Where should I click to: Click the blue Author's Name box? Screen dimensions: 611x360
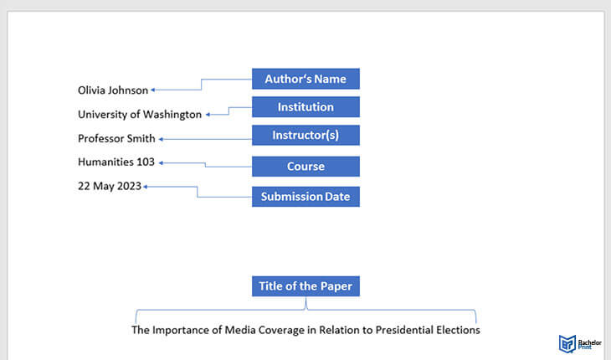(x=305, y=79)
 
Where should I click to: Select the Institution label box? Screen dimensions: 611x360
(x=305, y=107)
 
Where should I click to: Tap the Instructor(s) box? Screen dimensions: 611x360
(x=305, y=135)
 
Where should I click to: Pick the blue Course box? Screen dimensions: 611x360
(x=305, y=167)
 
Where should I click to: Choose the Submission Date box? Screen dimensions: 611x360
(x=305, y=197)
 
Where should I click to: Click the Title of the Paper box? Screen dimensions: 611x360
(x=305, y=286)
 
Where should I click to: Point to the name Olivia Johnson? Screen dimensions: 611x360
(x=113, y=90)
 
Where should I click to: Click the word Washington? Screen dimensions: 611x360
(x=172, y=115)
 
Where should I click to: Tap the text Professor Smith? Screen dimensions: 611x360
(x=116, y=138)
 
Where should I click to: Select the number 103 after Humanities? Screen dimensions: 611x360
(x=146, y=162)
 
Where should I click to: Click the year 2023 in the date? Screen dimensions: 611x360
(x=129, y=186)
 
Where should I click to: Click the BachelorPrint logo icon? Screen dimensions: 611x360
(x=567, y=343)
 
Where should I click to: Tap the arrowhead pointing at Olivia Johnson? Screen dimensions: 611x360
(x=152, y=90)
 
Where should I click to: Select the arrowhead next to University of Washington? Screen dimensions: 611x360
(x=208, y=115)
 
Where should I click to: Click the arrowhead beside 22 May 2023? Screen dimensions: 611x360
(x=146, y=187)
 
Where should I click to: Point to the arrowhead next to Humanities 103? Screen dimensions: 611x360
(x=161, y=163)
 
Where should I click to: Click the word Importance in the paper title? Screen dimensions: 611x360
(x=181, y=330)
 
